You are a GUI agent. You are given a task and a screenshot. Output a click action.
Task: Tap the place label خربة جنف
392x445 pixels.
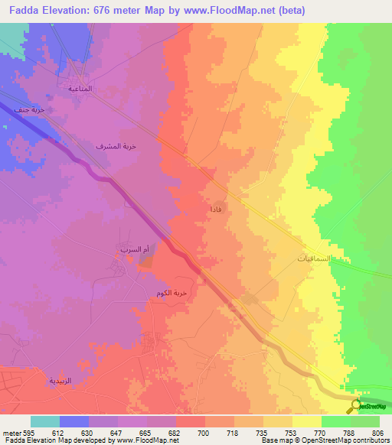tap(25, 110)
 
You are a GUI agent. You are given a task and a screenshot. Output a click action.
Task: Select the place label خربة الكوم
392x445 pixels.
tap(171, 293)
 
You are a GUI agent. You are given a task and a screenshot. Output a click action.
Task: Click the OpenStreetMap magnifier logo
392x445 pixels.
tap(357, 407)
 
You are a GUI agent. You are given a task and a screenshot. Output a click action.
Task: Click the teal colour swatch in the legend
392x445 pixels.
tap(45, 422)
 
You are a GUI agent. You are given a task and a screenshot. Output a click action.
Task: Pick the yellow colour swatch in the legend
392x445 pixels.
tap(307, 422)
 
